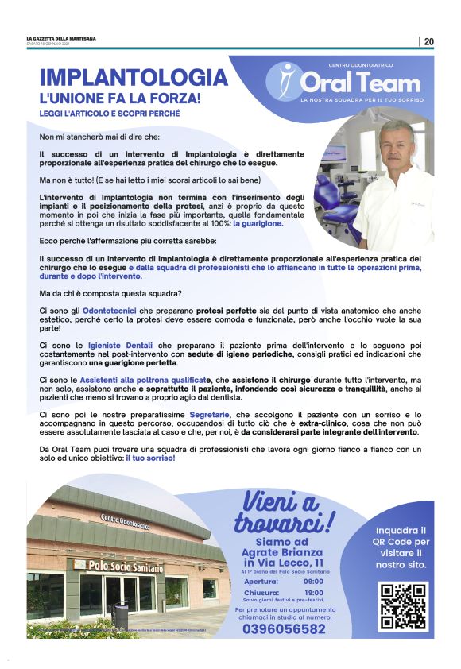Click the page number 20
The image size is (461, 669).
tap(429, 41)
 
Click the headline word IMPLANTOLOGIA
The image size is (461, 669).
tap(134, 78)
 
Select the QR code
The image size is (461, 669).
tap(403, 606)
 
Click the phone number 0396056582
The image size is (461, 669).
tap(284, 628)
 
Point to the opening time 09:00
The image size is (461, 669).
tap(313, 582)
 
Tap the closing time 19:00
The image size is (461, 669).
tap(313, 592)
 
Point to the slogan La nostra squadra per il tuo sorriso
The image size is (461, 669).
tap(362, 100)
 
